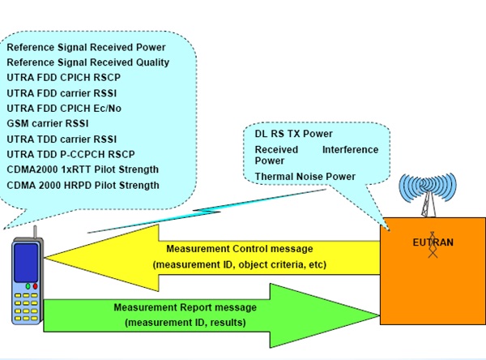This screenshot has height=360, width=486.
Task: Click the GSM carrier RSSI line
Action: point(48,123)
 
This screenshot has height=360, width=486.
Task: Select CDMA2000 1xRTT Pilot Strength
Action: point(83,169)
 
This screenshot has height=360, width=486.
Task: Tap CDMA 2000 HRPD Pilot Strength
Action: point(83,185)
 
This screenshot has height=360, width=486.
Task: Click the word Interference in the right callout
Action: point(349,149)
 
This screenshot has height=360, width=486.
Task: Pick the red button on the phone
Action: point(34,286)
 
